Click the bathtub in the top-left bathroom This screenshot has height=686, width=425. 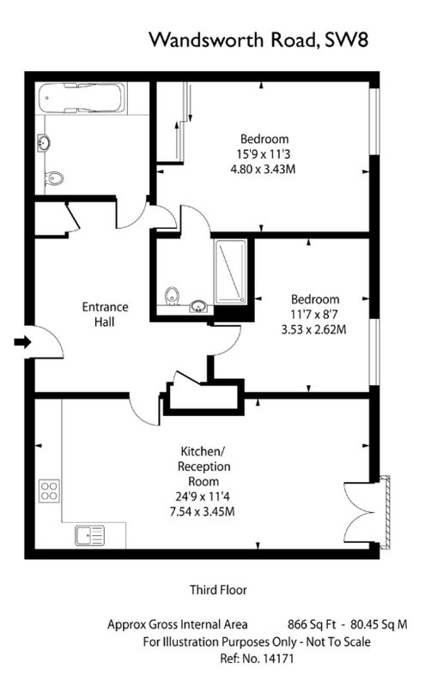point(82,99)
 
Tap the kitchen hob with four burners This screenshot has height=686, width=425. point(50,490)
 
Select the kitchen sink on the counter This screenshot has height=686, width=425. point(90,536)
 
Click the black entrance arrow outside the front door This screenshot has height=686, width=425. point(23,341)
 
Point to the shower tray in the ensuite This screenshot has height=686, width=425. point(230,271)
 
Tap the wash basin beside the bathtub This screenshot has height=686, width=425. point(44,142)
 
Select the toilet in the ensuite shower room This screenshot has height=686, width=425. point(173,295)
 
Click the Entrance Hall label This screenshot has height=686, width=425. point(105,314)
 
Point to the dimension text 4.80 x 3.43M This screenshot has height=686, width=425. point(263,169)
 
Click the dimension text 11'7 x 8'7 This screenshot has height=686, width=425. point(315,314)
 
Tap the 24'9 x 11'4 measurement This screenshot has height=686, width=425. point(203,496)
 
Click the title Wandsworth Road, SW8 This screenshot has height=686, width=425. point(258,39)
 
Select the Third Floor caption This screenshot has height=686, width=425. point(218,590)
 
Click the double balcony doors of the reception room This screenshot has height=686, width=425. point(360,512)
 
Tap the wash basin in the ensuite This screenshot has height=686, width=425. point(199,306)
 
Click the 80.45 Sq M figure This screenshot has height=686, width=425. point(379,624)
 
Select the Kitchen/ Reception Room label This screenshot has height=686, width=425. point(203,466)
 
